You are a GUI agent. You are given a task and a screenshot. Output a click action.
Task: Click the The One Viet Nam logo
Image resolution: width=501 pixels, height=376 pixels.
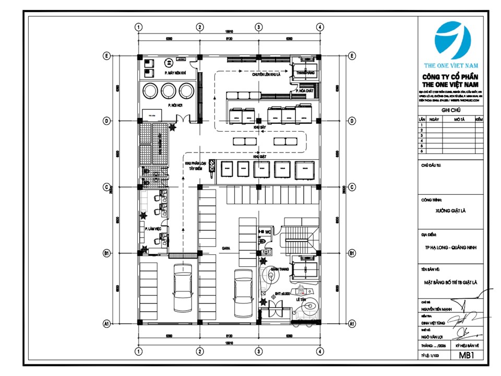click(x=452, y=42)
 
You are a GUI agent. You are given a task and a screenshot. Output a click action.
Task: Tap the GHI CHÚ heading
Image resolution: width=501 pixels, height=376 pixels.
click(x=452, y=111)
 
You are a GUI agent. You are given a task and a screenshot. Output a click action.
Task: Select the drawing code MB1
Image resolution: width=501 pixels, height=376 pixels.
click(x=466, y=356)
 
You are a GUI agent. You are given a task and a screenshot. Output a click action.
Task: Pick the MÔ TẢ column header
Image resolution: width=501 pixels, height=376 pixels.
click(x=459, y=119)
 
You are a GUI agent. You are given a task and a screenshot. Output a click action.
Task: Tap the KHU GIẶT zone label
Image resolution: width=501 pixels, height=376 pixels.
click(x=259, y=156)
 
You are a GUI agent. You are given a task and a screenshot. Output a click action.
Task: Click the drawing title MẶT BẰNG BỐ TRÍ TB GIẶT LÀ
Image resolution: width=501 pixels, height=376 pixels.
click(x=452, y=282)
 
